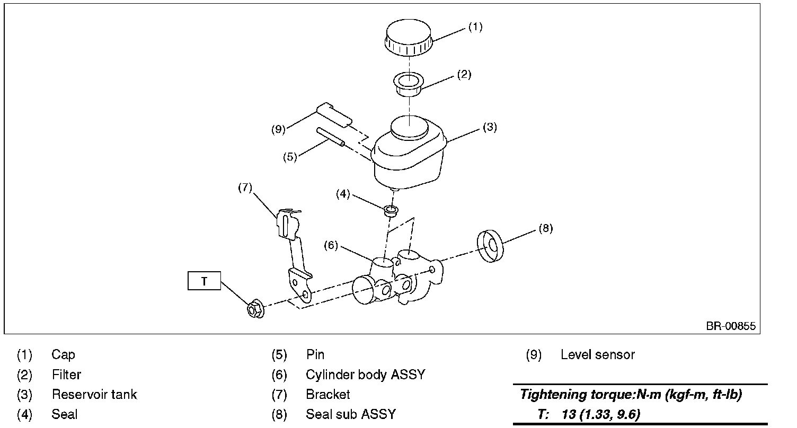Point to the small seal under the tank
[392, 210]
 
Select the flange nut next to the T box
[255, 309]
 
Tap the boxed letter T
[204, 281]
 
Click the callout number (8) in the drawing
[545, 228]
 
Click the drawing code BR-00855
[730, 326]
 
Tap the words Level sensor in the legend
[597, 355]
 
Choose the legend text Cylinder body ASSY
[365, 375]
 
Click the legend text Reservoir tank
[94, 395]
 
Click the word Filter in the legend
[66, 375]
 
